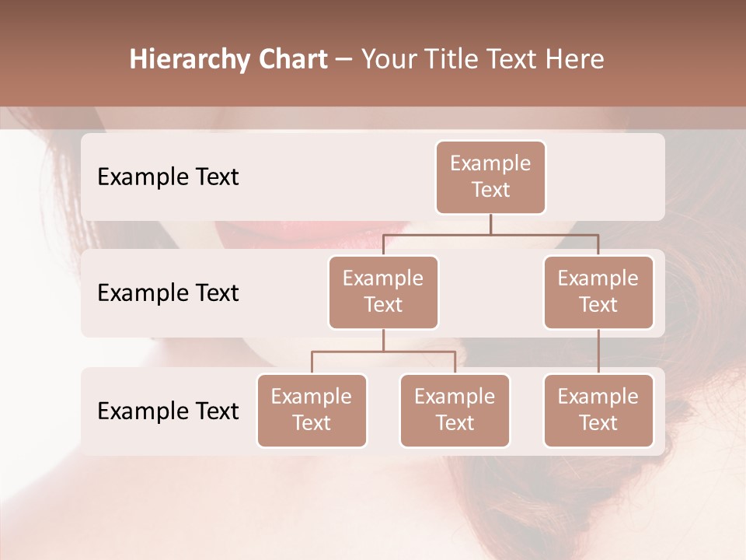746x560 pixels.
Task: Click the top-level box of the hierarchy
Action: click(490, 177)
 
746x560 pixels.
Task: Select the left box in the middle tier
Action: click(383, 292)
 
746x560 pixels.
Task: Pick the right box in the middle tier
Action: click(598, 292)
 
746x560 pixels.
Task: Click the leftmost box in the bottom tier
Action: click(312, 410)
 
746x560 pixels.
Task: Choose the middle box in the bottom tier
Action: click(455, 410)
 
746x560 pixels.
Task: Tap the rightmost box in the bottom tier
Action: click(598, 410)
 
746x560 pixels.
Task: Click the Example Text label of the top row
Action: click(168, 177)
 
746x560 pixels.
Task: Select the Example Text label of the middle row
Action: click(168, 293)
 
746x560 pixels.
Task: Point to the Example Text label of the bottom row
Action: click(168, 411)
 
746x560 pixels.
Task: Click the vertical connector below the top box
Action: click(490, 224)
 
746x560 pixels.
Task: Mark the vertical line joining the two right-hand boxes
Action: click(598, 352)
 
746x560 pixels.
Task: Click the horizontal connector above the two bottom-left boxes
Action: click(383, 352)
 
